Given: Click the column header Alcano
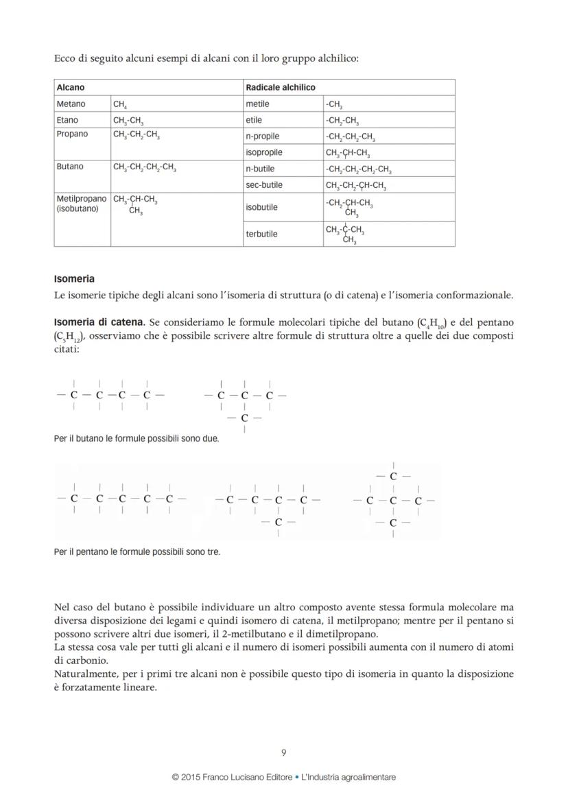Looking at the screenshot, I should [71, 88].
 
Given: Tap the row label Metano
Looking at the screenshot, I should [71, 104].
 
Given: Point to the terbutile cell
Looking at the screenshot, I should [261, 234].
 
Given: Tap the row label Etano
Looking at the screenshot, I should [67, 121].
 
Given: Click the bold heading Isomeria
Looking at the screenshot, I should [74, 279].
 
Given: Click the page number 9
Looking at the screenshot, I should [284, 753].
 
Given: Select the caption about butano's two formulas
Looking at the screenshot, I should [137, 438].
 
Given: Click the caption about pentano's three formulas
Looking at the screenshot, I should [137, 551].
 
